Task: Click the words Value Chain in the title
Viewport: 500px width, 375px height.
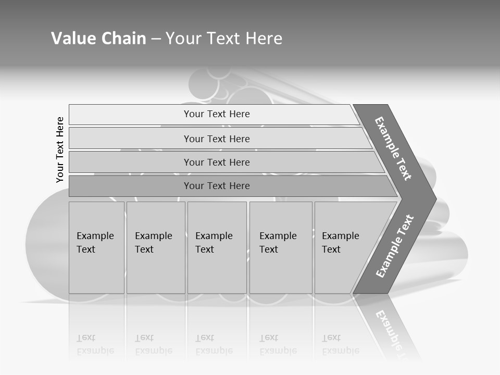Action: tap(98, 39)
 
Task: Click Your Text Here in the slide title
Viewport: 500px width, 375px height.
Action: tap(224, 39)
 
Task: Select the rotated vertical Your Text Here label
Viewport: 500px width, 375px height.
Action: tap(60, 149)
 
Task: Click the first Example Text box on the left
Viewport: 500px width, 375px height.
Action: tap(96, 247)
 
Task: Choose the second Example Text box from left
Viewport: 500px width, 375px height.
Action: tap(156, 247)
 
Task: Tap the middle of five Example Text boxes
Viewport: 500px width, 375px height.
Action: tap(217, 247)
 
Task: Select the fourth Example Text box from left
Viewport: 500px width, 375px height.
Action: tap(281, 247)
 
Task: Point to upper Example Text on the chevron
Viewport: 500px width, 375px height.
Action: tap(393, 148)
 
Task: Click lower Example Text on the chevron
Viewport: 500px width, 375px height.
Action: tap(395, 246)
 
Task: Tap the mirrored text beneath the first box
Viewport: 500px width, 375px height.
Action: tap(95, 344)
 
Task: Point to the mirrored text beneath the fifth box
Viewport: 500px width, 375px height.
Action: tap(341, 344)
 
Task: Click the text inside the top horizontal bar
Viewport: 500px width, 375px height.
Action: tap(217, 114)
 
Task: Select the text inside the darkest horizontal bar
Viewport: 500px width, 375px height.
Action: tap(217, 186)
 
